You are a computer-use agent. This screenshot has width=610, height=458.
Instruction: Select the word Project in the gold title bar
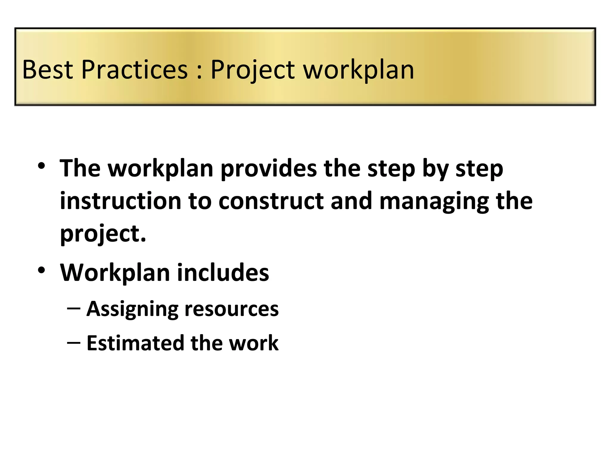tap(253, 70)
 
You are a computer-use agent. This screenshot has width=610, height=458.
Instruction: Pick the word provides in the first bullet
tap(268, 168)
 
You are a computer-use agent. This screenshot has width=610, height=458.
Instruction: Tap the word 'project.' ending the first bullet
tap(103, 234)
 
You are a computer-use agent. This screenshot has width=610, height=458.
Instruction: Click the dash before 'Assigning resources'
tap(74, 308)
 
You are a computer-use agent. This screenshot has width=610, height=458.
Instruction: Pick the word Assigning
tap(132, 310)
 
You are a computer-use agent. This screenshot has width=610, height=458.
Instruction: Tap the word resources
tap(231, 309)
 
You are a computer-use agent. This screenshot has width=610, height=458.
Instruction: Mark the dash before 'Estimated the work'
tap(74, 343)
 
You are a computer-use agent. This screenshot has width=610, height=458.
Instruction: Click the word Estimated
tap(135, 343)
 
